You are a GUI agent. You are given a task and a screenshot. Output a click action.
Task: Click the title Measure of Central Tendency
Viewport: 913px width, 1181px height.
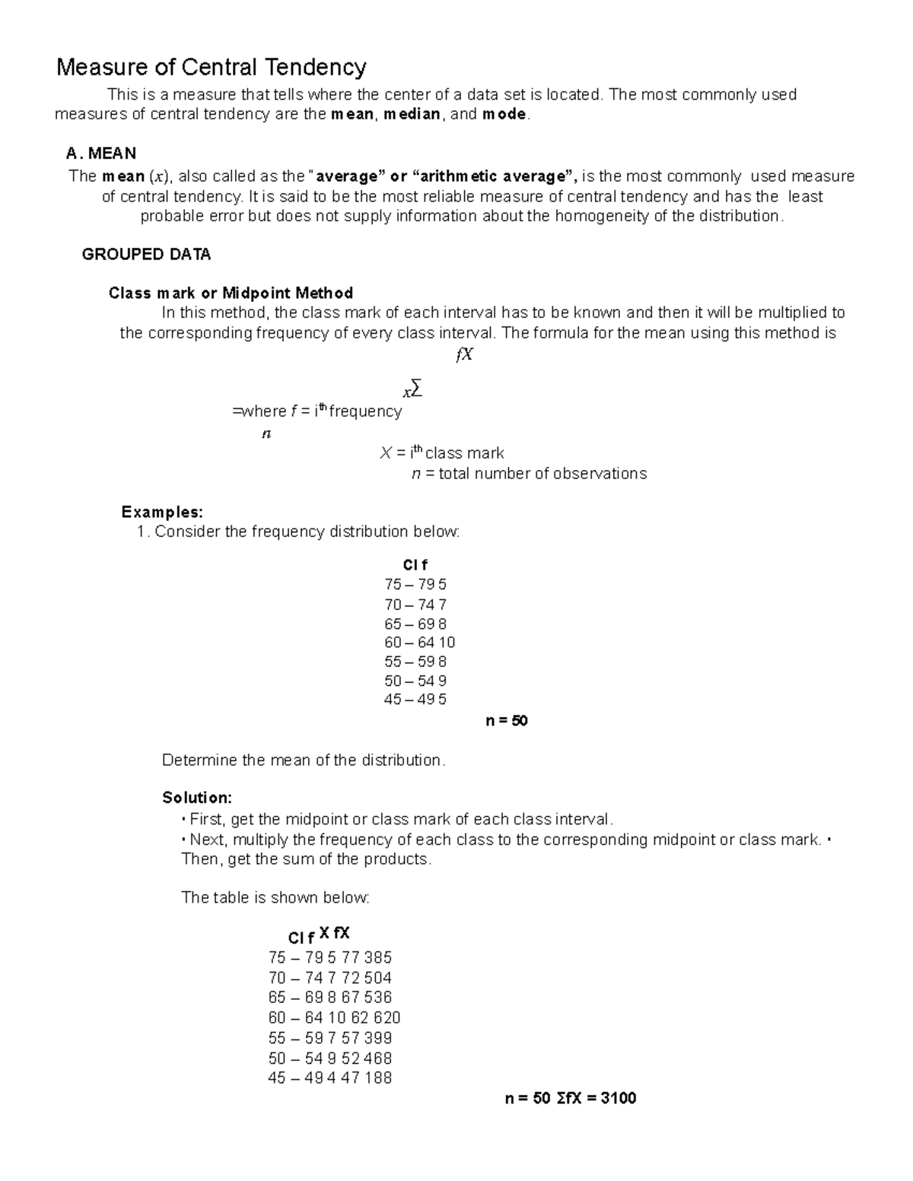coord(212,68)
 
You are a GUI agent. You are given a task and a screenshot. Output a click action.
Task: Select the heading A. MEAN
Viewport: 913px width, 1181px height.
coord(101,154)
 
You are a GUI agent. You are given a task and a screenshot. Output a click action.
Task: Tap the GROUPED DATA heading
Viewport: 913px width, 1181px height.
coord(146,255)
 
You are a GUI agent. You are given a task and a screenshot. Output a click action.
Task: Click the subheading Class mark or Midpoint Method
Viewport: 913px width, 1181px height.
coord(231,294)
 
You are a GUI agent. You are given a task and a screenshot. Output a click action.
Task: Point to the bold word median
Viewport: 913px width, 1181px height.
coord(412,115)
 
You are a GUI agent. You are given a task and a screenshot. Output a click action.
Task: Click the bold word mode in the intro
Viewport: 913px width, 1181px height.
coord(504,115)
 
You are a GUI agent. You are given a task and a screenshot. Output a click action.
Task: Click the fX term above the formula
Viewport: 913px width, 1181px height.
coord(464,355)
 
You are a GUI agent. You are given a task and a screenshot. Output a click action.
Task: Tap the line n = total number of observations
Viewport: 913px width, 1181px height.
coord(529,474)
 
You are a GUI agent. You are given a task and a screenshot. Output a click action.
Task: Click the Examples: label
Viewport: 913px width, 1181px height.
coord(162,512)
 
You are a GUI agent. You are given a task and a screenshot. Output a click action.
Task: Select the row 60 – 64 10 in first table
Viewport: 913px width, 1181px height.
coord(419,643)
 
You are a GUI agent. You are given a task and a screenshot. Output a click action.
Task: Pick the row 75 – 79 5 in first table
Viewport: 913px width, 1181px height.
coord(415,585)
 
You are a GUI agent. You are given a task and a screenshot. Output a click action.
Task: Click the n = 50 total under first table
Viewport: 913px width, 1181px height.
coord(506,721)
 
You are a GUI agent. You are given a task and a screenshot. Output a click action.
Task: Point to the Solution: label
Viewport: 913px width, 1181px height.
coord(197,798)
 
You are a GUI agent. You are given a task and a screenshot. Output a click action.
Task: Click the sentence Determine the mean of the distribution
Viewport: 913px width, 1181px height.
coord(304,760)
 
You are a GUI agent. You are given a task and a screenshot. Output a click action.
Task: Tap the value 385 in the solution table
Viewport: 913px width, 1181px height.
coord(378,957)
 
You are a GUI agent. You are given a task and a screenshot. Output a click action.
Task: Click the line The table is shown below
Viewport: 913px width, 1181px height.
coord(275,898)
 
